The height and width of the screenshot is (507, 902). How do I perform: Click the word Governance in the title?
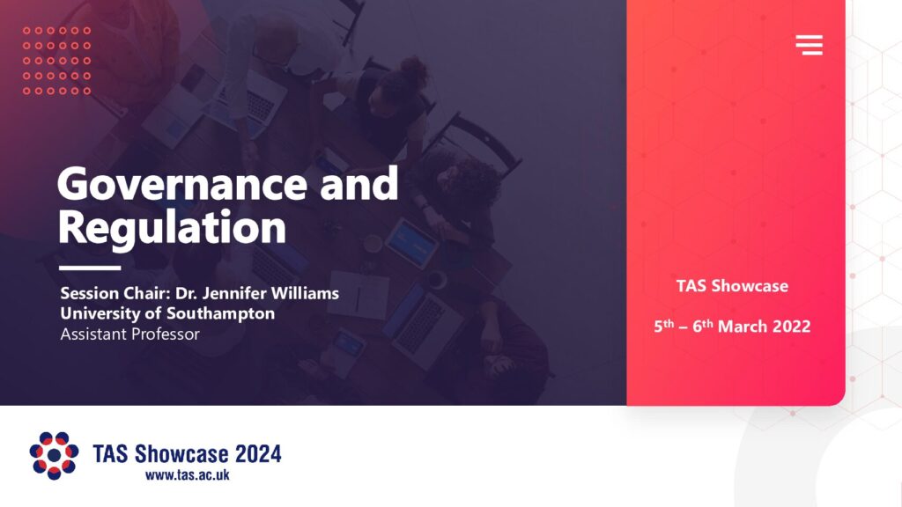tap(181, 184)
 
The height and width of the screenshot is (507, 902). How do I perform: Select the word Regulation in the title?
tap(172, 228)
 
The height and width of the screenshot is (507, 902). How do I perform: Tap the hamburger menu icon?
tap(809, 45)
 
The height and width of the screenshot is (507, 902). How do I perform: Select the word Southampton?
tap(220, 313)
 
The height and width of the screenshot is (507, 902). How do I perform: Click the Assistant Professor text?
tap(130, 334)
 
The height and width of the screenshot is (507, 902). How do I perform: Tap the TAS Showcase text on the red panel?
tap(732, 286)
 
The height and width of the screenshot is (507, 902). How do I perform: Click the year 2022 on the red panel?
tap(791, 327)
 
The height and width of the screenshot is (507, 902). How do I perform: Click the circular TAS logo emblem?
tap(54, 455)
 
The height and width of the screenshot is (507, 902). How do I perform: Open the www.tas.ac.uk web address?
tap(187, 474)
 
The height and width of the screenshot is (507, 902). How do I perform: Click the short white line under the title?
tap(90, 268)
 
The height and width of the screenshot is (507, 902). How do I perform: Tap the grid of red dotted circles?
tap(56, 61)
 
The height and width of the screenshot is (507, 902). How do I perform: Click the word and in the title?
tap(359, 184)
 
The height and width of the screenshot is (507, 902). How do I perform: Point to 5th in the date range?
tap(664, 326)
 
